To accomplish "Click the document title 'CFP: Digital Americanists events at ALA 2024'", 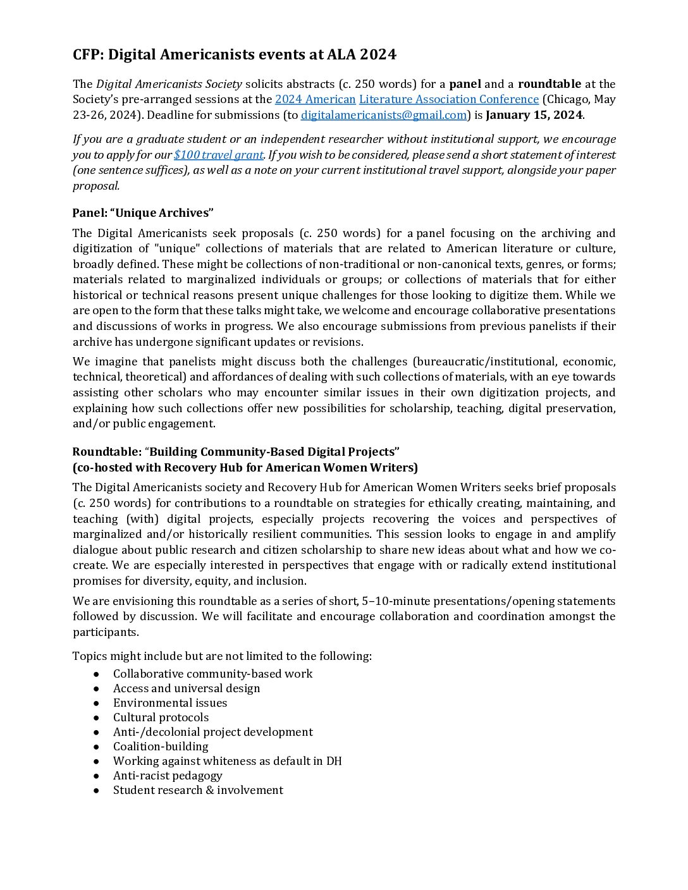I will (x=234, y=55).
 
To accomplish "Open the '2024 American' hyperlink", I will (x=315, y=99).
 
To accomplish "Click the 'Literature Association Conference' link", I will (x=448, y=99).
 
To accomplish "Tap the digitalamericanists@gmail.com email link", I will (x=383, y=115).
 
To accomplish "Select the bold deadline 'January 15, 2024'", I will (x=534, y=115).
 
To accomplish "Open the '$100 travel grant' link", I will (x=218, y=155).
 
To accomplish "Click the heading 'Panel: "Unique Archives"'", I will (x=143, y=213).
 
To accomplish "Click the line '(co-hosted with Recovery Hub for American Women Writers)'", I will (x=245, y=468).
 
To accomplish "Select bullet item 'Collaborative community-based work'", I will (x=212, y=674).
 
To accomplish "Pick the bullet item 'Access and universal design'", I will (x=187, y=688).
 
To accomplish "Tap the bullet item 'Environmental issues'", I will (x=170, y=703).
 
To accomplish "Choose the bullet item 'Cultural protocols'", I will (x=161, y=717).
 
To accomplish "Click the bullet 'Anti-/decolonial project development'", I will (x=212, y=732).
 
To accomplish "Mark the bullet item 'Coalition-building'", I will (x=161, y=747).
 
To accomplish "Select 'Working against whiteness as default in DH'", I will (x=227, y=761).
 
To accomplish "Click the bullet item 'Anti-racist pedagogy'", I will (x=168, y=776).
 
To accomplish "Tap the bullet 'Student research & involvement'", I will (x=198, y=790).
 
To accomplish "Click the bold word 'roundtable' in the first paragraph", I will (x=549, y=84).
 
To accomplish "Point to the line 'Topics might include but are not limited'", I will (x=222, y=656).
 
